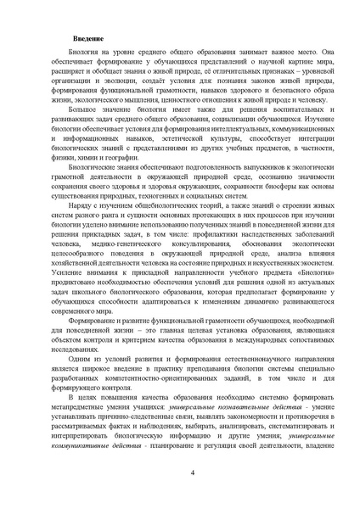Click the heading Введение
(x=88, y=40)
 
